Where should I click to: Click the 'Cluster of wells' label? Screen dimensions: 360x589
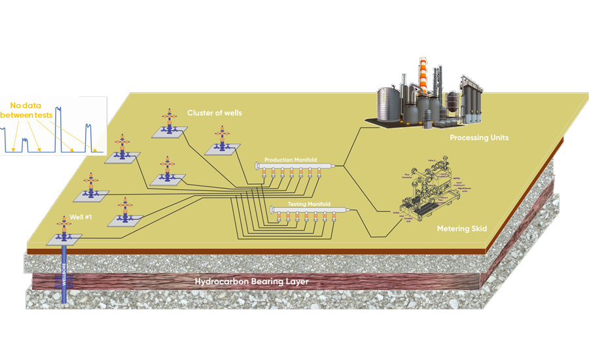[x=214, y=113]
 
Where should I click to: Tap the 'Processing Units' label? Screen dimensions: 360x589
[x=479, y=138]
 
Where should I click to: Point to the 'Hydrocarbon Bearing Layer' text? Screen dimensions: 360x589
[x=251, y=282]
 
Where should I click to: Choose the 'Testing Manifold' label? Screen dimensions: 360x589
[x=310, y=204]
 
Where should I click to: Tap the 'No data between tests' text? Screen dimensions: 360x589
[x=26, y=110]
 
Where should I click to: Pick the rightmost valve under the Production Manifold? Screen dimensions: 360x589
[x=319, y=173]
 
